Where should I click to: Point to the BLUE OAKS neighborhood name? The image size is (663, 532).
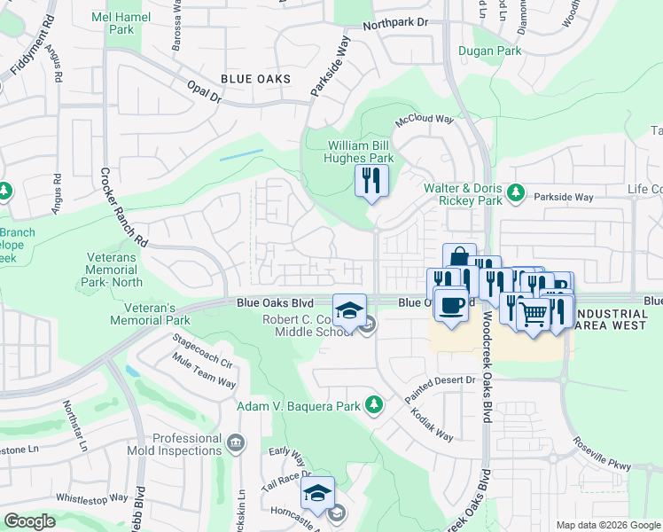click(x=256, y=80)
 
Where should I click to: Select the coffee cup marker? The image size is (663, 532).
click(x=451, y=304)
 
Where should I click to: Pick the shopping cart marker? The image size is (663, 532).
click(x=533, y=313)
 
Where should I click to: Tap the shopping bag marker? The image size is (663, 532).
click(x=459, y=258)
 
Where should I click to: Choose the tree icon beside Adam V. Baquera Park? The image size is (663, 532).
click(x=374, y=405)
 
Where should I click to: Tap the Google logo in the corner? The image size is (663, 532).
click(x=29, y=521)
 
